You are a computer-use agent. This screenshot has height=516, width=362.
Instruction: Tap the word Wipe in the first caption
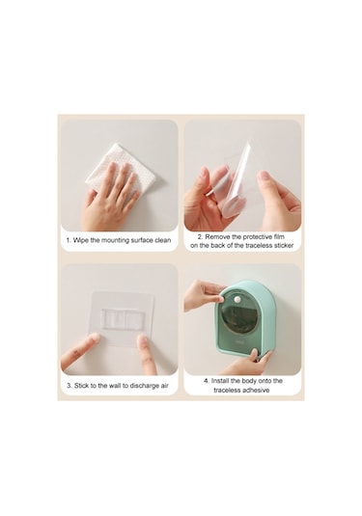point(81,240)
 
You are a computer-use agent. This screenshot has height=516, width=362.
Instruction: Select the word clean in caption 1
point(163,240)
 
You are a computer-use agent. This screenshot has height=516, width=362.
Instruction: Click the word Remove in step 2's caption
point(218,236)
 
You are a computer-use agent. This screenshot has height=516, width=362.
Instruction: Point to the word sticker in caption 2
point(282,246)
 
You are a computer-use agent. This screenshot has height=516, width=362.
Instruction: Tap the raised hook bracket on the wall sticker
point(123,319)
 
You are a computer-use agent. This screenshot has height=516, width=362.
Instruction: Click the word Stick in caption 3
point(81,386)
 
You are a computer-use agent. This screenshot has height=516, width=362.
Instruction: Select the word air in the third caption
point(165,386)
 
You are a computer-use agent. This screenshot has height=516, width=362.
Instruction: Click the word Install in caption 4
point(220,381)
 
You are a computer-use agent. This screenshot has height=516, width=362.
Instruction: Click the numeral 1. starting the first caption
point(69,240)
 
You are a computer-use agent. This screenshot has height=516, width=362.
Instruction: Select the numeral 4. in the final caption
point(207,381)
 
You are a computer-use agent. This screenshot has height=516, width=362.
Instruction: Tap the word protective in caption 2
point(256,236)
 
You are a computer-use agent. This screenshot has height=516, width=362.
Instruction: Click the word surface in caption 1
point(142,240)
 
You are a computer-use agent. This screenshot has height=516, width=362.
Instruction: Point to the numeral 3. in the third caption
point(70,386)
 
